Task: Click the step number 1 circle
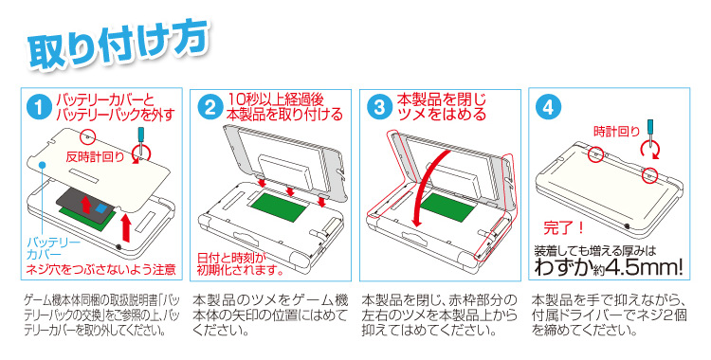tap(40, 108)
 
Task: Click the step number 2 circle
tap(210, 108)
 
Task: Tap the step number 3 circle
tap(379, 108)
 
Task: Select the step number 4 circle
tap(548, 108)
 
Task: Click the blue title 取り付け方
tap(118, 45)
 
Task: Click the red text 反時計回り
tap(95, 157)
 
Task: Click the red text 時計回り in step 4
tap(616, 132)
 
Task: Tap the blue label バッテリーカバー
tap(53, 247)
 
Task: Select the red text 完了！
tap(564, 227)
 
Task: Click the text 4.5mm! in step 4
tap(645, 267)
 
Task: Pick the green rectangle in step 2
tap(279, 207)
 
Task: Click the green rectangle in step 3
tap(447, 207)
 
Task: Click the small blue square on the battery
tap(101, 209)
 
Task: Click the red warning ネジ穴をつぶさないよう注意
tap(100, 270)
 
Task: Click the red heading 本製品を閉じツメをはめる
tap(442, 106)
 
